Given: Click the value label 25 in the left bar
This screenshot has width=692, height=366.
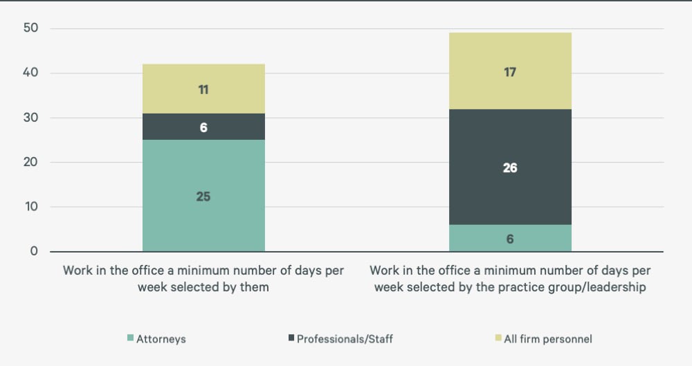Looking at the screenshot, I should pyautogui.click(x=203, y=196).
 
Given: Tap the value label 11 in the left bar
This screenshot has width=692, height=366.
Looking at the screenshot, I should pyautogui.click(x=203, y=89).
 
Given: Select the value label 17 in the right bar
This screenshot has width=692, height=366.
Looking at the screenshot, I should pyautogui.click(x=510, y=72).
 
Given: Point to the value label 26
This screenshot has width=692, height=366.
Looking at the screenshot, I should pyautogui.click(x=510, y=168).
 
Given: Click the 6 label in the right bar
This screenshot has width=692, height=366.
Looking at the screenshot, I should pyautogui.click(x=510, y=239).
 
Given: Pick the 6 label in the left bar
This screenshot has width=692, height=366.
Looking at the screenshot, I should pyautogui.click(x=203, y=128).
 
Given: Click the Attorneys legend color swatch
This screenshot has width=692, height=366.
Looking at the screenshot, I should pyautogui.click(x=129, y=338).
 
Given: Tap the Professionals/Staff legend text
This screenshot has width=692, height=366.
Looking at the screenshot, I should pyautogui.click(x=345, y=339).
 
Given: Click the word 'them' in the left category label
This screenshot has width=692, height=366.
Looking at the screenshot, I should pyautogui.click(x=253, y=287).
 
